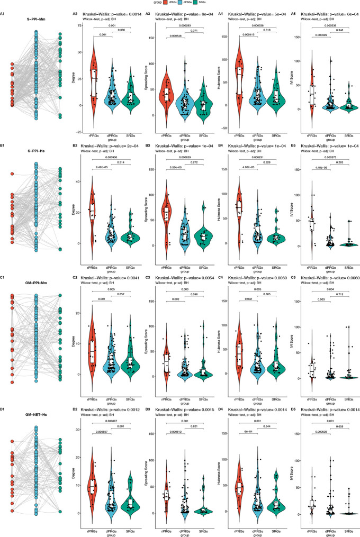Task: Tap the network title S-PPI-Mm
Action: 36,20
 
